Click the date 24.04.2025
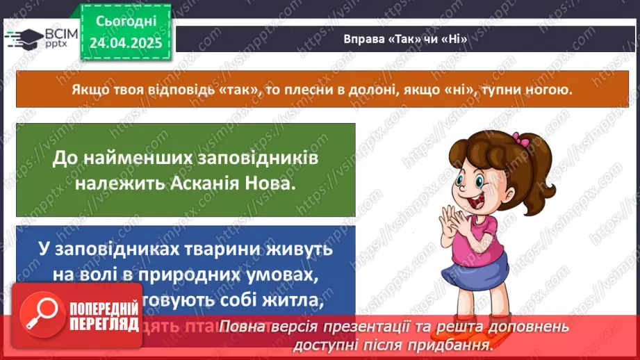[126, 43]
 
